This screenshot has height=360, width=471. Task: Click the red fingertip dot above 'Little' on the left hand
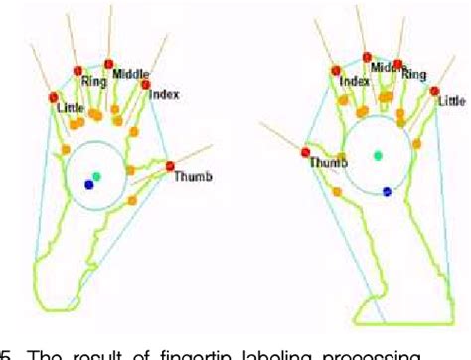point(55,97)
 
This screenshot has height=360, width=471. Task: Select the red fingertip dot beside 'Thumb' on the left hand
point(170,165)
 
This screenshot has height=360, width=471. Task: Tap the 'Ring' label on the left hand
point(95,83)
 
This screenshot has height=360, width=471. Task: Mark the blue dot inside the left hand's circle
point(89,184)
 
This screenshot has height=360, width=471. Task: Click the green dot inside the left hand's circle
point(96,176)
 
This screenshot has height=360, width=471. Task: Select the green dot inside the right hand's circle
point(377,154)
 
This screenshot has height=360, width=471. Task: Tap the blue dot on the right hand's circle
point(387,191)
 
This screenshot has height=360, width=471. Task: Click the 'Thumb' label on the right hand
point(328,163)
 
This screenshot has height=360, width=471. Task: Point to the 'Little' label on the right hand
point(451,100)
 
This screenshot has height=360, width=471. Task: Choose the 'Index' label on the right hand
point(354,81)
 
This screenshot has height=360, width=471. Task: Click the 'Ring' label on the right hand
point(414,75)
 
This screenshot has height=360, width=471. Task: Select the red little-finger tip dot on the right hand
point(435,90)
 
